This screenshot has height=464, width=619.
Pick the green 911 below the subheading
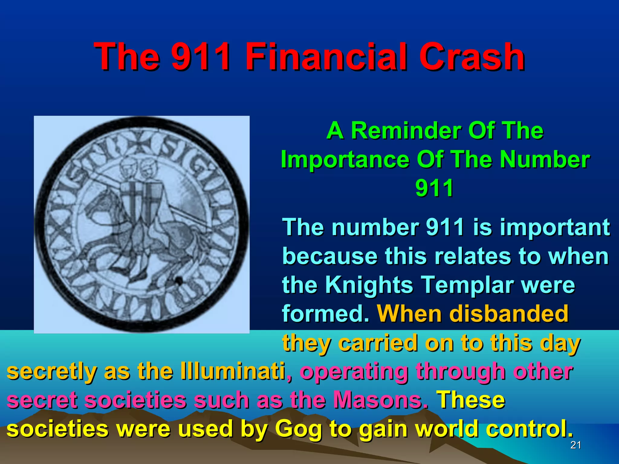(434, 188)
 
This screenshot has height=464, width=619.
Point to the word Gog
(298, 429)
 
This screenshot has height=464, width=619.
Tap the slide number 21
(575, 445)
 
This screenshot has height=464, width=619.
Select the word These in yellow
(471, 400)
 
